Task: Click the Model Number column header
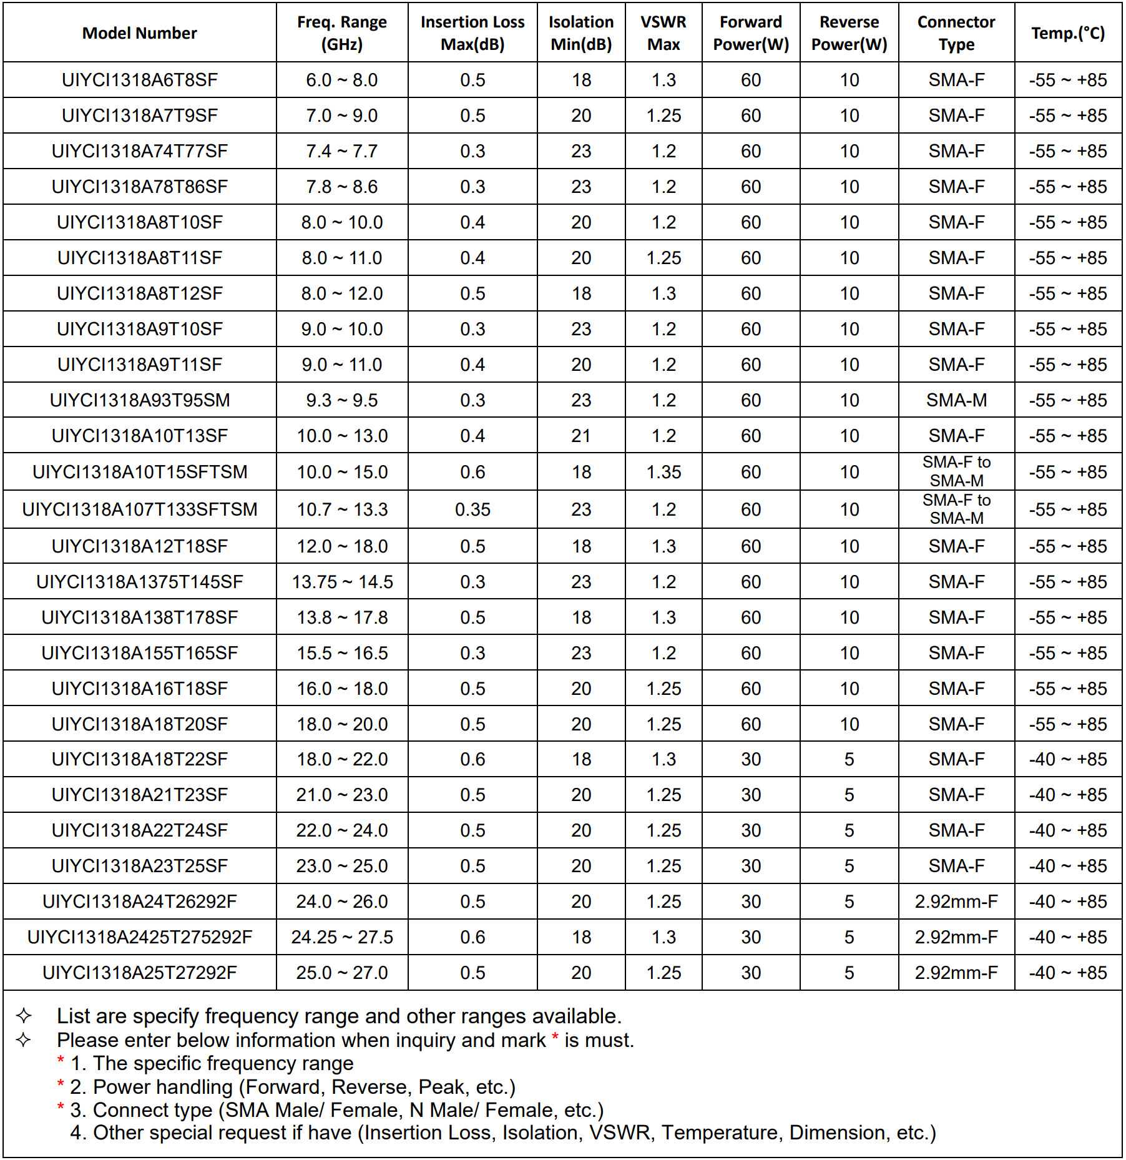139,33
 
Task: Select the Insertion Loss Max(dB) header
472,33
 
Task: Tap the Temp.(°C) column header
1068,33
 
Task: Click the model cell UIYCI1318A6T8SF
139,80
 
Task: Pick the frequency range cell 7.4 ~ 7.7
341,151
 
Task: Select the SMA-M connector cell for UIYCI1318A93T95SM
956,400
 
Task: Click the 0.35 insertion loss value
472,509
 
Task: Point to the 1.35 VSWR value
663,472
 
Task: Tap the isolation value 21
580,436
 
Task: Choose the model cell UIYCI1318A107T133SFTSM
139,509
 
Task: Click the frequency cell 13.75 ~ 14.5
342,582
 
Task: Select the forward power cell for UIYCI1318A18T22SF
750,759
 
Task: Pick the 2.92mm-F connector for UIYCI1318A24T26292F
956,902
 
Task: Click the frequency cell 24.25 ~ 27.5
342,937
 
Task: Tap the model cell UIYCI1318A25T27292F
139,973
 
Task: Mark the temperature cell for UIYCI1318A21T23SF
1068,795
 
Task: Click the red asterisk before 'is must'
555,1038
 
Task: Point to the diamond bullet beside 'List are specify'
24,1016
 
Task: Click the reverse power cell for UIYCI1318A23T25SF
849,866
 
